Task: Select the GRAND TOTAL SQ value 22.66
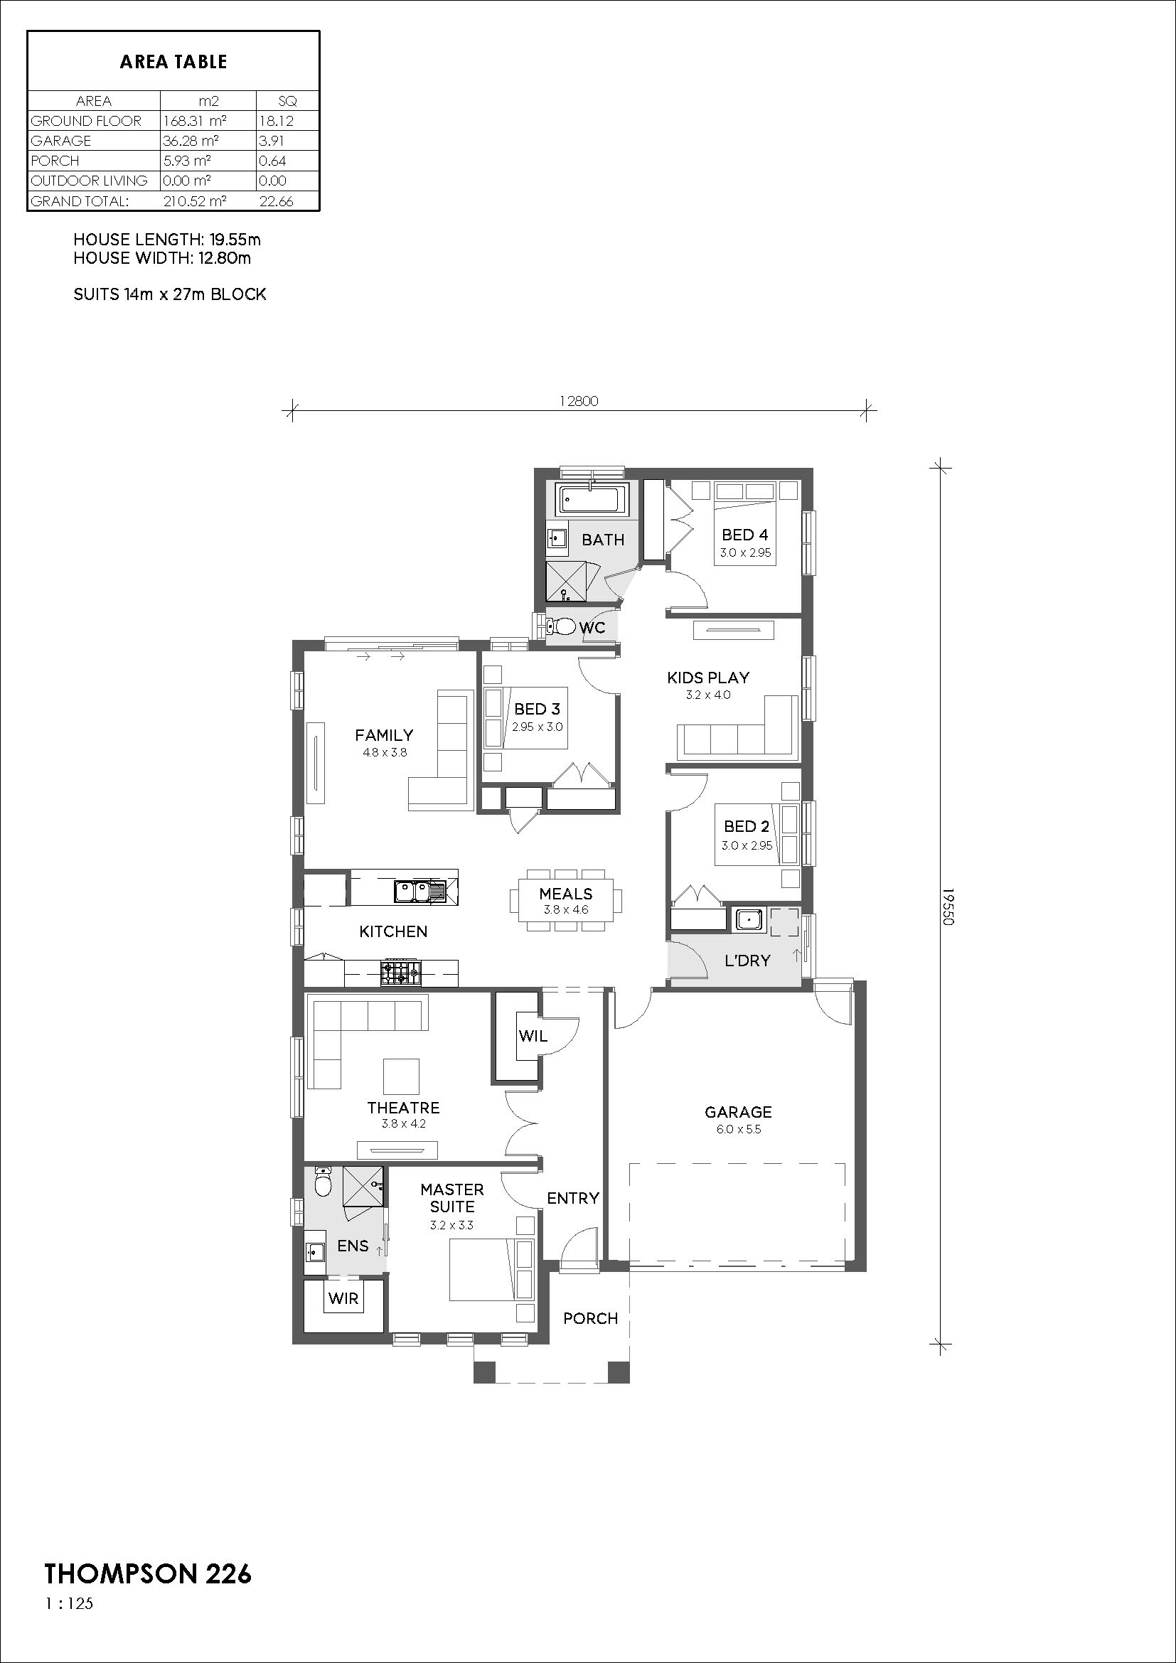pyautogui.click(x=277, y=201)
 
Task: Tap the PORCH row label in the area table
pyautogui.click(x=55, y=161)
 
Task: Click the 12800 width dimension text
pyautogui.click(x=579, y=401)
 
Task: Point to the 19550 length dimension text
pyautogui.click(x=949, y=906)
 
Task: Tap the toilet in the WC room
pyautogui.click(x=560, y=626)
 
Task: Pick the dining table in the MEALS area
pyautogui.click(x=565, y=900)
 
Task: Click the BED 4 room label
pyautogui.click(x=744, y=535)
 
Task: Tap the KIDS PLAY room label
pyautogui.click(x=707, y=678)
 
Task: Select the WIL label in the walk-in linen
pyautogui.click(x=533, y=1037)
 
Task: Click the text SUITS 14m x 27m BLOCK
pyautogui.click(x=169, y=294)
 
